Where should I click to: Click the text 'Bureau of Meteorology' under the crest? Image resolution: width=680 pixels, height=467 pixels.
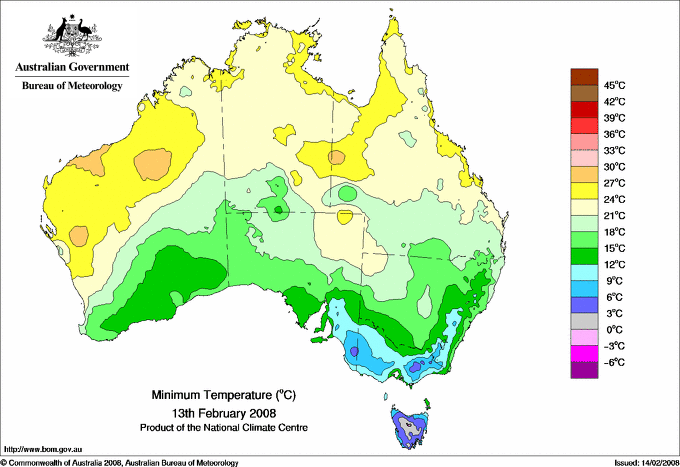(72, 86)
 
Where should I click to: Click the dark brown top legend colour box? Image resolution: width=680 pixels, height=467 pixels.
(583, 76)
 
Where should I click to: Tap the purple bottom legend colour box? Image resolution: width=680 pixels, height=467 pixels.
(583, 370)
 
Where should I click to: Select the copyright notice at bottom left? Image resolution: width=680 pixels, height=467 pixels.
(120, 461)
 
